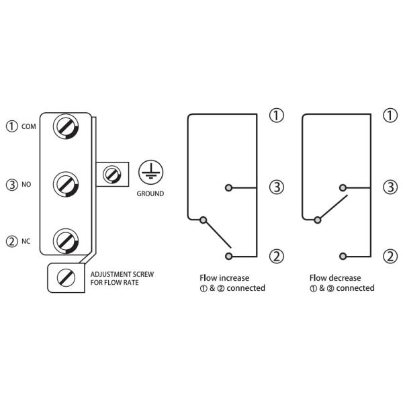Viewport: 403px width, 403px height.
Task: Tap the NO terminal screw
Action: tap(67, 183)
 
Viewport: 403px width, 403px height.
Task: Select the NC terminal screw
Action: tap(67, 240)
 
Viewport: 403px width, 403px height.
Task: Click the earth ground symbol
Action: tap(149, 173)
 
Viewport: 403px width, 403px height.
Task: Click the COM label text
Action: tap(29, 126)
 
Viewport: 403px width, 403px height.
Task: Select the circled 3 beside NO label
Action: tap(11, 183)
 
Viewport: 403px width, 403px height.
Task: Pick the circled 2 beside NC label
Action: tap(11, 240)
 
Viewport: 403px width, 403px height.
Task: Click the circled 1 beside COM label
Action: tap(11, 126)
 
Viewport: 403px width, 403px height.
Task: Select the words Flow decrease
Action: tap(335, 277)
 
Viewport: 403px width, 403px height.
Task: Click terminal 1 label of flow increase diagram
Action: tap(276, 116)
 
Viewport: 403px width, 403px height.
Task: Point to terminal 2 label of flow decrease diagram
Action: tap(390, 255)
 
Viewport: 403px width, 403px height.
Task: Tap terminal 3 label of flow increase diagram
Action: tap(276, 186)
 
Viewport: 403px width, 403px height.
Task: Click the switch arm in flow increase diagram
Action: tap(217, 232)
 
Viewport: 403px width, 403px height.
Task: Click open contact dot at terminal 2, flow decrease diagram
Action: tap(343, 256)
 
